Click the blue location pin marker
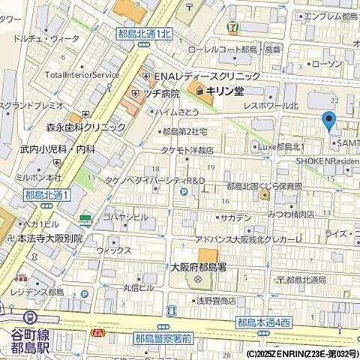tap(328, 121)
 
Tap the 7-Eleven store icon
tap(235, 28)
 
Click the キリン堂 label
tap(222, 91)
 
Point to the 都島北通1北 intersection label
tap(144, 33)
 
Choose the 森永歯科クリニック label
tap(87, 127)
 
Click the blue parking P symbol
tap(183, 192)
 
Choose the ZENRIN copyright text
tap(302, 352)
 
